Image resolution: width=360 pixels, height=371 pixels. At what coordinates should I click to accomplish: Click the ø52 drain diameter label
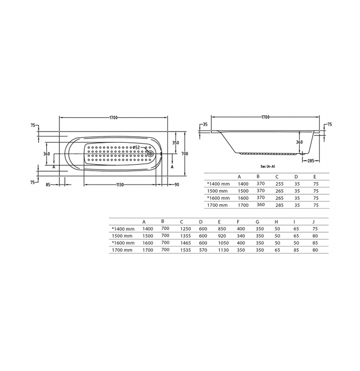click(136, 147)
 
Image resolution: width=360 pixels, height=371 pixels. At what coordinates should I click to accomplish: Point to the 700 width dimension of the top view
click(185, 154)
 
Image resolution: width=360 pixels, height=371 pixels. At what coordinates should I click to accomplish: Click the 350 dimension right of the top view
click(175, 143)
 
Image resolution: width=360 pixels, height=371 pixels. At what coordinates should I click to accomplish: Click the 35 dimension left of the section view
click(206, 124)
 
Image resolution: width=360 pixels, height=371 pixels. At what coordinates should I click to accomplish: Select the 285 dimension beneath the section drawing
click(311, 161)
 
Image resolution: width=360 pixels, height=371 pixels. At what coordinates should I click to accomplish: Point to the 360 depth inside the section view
click(299, 142)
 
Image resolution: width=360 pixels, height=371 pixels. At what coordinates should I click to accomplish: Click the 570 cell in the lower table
click(202, 250)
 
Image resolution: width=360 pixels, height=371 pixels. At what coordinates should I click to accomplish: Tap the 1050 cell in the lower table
click(223, 243)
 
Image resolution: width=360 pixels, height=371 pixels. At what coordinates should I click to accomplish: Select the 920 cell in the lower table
click(223, 236)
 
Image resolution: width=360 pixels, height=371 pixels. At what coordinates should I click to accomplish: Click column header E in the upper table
click(315, 176)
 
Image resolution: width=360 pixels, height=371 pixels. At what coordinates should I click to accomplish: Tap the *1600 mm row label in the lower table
click(123, 243)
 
